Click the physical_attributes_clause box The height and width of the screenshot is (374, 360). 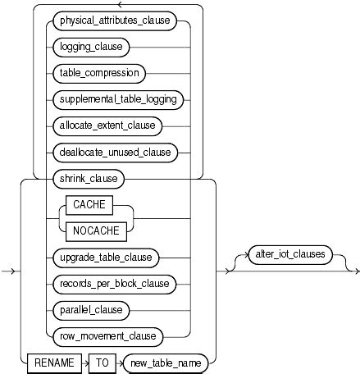(x=115, y=21)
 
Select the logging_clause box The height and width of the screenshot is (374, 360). (x=91, y=47)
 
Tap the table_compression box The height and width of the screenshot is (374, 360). (x=99, y=73)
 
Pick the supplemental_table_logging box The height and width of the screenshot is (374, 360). (x=118, y=100)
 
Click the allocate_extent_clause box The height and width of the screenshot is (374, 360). (x=107, y=126)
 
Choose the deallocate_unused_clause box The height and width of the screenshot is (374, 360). (x=115, y=153)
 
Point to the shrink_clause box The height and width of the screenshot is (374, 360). (x=89, y=179)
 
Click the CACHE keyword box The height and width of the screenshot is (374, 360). (x=89, y=205)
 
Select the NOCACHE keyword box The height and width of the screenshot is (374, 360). (x=96, y=231)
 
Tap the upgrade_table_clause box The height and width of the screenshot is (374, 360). (x=106, y=258)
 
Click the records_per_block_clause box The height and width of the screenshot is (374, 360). (x=115, y=285)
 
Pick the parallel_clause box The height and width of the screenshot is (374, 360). (x=91, y=311)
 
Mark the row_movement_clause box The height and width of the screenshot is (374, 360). (x=108, y=337)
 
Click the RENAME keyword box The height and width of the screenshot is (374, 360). (x=54, y=363)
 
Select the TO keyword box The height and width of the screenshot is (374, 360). (x=103, y=363)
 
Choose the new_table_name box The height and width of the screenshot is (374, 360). (x=166, y=363)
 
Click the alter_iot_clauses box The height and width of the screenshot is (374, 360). (x=290, y=255)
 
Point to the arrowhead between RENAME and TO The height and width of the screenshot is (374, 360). (x=87, y=363)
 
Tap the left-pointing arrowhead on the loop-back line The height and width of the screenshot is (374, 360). (x=120, y=4)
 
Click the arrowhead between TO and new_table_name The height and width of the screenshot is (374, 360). (x=121, y=363)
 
